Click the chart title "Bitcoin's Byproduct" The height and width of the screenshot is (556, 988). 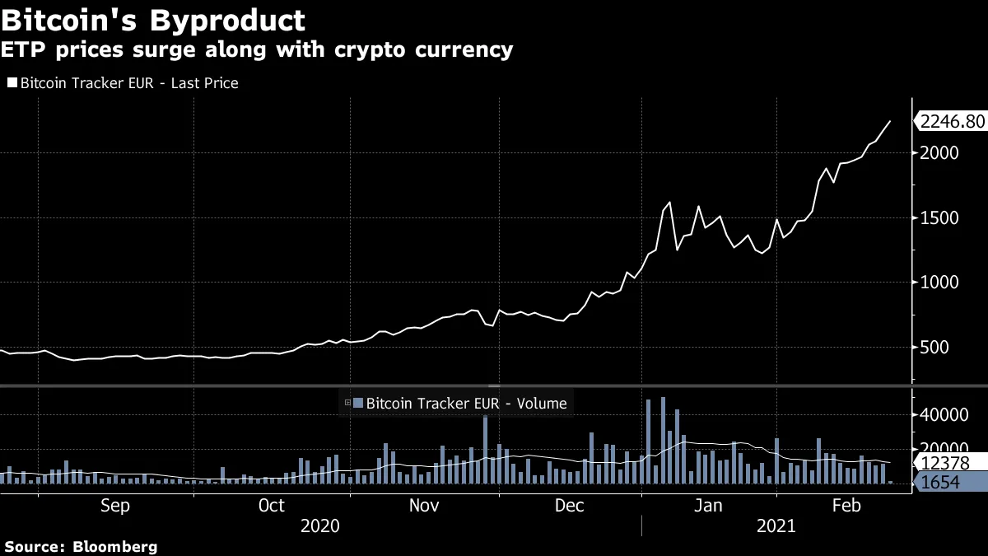click(154, 20)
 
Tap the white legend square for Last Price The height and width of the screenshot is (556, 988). click(12, 83)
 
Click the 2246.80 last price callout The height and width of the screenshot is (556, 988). click(951, 122)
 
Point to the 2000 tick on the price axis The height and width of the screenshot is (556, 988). click(940, 153)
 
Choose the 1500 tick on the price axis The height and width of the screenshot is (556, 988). click(940, 218)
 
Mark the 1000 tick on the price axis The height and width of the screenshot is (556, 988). click(940, 283)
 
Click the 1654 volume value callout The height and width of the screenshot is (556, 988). click(945, 483)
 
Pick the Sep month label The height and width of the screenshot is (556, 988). click(114, 506)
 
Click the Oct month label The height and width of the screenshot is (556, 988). click(272, 506)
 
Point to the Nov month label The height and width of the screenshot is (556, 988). click(424, 506)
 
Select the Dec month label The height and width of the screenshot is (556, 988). click(570, 506)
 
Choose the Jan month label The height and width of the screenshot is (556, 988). click(708, 506)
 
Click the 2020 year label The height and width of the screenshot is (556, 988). click(321, 526)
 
